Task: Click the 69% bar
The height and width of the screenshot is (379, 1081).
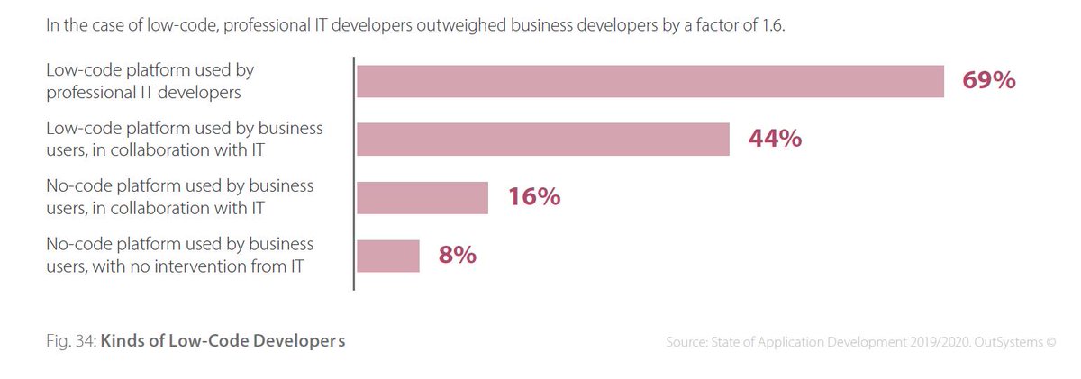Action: coord(650,82)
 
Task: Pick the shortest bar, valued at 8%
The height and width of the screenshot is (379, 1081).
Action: coord(387,256)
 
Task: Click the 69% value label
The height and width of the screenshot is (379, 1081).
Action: coord(989,82)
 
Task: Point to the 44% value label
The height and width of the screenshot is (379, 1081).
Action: coord(774,140)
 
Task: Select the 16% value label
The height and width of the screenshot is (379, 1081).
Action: coord(533,197)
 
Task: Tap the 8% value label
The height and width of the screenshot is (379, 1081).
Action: coord(458,256)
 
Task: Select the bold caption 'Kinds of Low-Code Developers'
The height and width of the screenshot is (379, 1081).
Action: coord(223,342)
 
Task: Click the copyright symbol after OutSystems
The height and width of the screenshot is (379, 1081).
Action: coord(1049,343)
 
